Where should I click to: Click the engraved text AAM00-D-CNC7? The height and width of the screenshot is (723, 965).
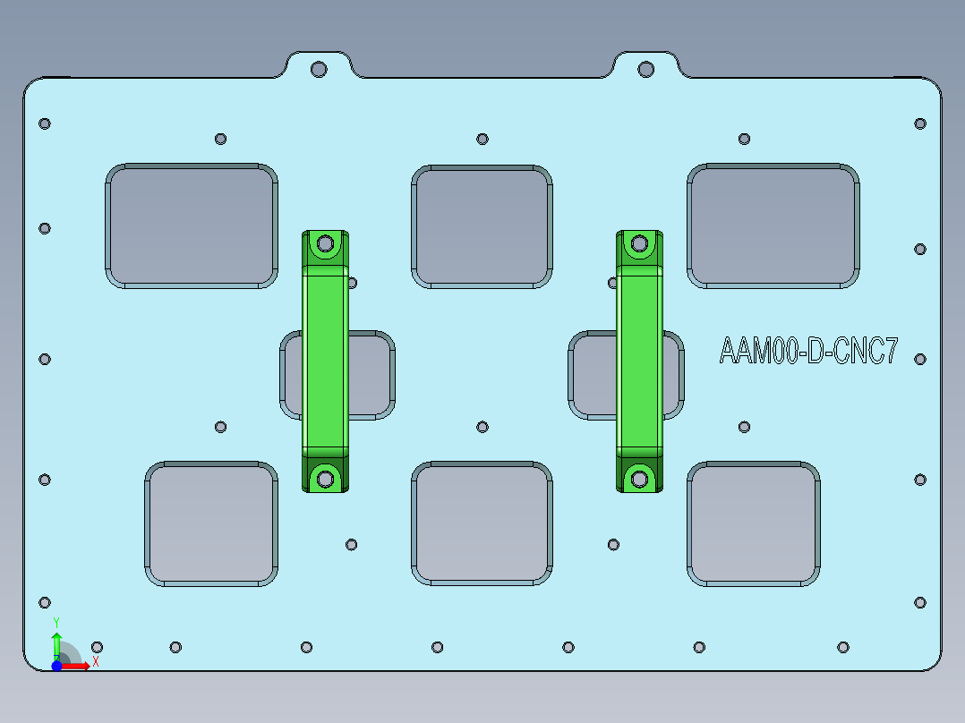tap(808, 351)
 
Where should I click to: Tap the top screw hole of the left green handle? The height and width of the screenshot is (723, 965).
tap(326, 243)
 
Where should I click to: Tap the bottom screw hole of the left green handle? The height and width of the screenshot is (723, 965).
tap(326, 479)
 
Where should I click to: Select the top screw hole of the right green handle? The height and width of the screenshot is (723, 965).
tap(639, 242)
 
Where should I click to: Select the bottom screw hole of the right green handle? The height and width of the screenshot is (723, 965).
tap(639, 479)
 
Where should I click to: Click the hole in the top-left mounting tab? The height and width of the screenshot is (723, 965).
tap(318, 69)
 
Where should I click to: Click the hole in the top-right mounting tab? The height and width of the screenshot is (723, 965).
tap(645, 69)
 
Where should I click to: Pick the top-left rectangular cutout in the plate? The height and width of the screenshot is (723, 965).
tap(192, 225)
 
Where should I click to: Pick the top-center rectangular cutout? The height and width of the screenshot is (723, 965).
tap(482, 226)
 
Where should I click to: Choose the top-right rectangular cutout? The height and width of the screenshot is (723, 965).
tap(773, 225)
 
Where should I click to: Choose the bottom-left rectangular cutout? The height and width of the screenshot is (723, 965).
tap(212, 524)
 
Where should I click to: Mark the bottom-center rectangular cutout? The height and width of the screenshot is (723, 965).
tap(482, 524)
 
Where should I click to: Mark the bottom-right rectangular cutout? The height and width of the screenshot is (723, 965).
tap(754, 523)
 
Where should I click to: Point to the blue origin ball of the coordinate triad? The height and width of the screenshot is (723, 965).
tap(56, 667)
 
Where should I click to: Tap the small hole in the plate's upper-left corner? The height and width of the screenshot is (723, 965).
tap(45, 123)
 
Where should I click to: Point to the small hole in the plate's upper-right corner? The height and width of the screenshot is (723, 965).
tap(919, 123)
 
